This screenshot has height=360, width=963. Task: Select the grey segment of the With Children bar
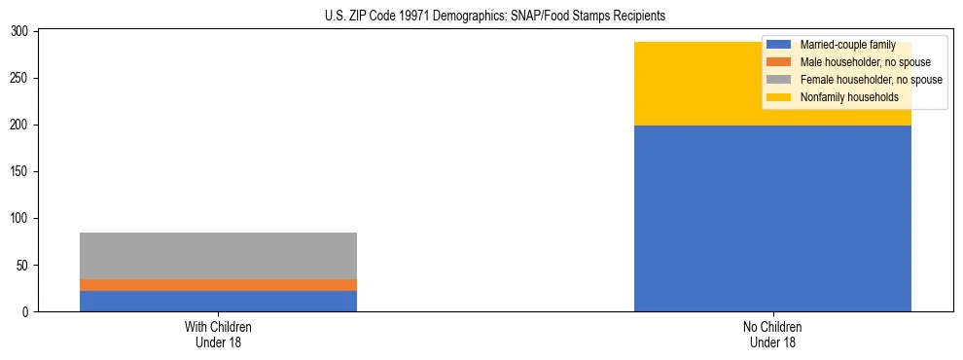(x=218, y=256)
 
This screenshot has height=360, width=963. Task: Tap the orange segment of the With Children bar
(x=218, y=285)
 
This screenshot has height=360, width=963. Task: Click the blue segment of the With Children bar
(x=218, y=301)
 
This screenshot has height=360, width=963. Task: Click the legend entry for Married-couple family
(x=844, y=46)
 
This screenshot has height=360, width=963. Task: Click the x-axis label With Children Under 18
(x=218, y=334)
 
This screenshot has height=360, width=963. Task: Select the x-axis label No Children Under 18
(x=772, y=334)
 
